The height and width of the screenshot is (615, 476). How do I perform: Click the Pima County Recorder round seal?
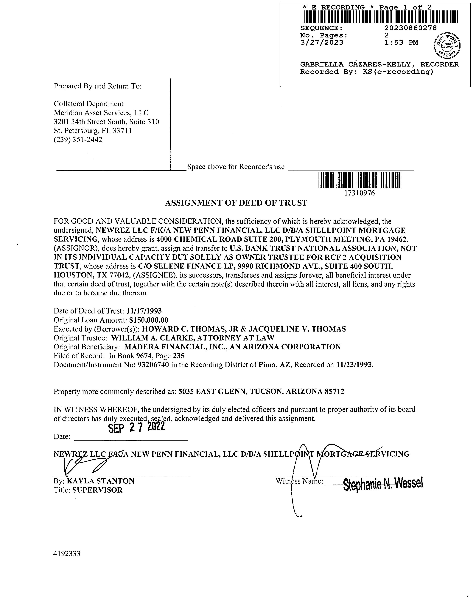(x=447, y=45)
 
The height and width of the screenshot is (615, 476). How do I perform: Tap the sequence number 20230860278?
(x=411, y=28)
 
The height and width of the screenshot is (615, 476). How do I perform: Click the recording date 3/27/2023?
(x=322, y=42)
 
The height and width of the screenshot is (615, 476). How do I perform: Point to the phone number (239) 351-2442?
(x=78, y=140)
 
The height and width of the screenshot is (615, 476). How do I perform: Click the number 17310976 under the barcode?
(x=360, y=193)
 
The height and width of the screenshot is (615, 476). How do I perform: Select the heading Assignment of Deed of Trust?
(x=236, y=203)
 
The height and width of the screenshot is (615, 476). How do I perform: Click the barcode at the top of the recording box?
(x=379, y=17)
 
